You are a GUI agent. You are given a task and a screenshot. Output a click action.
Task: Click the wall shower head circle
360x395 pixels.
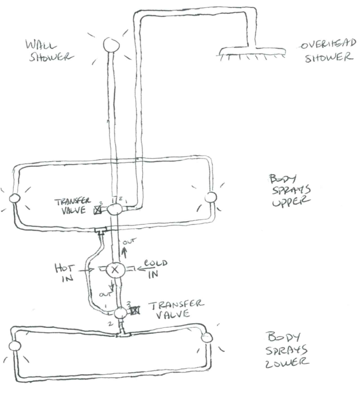click(111, 44)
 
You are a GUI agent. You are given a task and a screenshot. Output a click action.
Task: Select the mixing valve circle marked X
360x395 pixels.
click(115, 270)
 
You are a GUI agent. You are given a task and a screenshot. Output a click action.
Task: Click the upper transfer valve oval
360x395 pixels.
click(115, 209)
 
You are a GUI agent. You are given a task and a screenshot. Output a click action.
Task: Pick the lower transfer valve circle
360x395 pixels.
click(120, 313)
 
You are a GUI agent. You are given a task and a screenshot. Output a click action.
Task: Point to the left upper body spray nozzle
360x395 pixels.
click(15, 198)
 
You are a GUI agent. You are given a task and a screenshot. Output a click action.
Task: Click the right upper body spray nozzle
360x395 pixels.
click(210, 197)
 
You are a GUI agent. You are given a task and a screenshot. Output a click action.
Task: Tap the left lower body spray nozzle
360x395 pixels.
click(14, 346)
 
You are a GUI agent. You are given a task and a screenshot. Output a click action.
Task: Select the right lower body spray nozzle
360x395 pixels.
click(207, 338)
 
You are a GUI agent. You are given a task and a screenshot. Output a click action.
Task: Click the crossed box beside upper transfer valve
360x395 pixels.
click(98, 210)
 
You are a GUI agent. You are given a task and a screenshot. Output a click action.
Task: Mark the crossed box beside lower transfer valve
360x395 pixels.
click(135, 311)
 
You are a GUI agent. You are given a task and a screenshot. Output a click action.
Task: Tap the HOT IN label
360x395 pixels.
click(65, 273)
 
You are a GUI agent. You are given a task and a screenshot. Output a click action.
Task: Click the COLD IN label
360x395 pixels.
click(155, 269)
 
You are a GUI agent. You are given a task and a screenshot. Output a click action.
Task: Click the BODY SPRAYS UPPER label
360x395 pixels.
click(290, 191)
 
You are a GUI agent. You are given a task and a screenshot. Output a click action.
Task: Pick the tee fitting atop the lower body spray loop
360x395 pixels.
click(122, 334)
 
